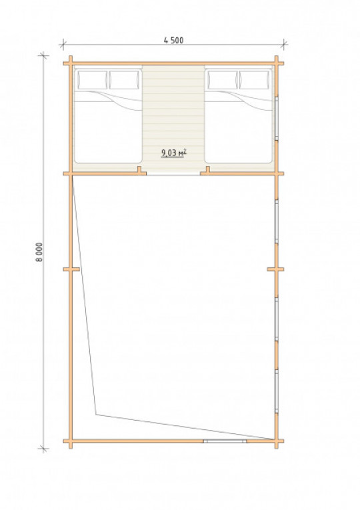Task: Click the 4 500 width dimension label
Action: pyautogui.click(x=173, y=40)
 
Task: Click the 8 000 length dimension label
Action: pyautogui.click(x=39, y=252)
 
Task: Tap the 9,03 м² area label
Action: pyautogui.click(x=174, y=153)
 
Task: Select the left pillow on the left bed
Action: pyautogui.click(x=93, y=80)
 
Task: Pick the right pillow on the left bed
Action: pyautogui.click(x=124, y=80)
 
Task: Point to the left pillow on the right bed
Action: pyautogui.click(x=223, y=80)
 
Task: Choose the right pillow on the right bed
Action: pyautogui.click(x=255, y=80)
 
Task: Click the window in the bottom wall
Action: pyautogui.click(x=225, y=441)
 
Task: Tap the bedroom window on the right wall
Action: pyautogui.click(x=277, y=119)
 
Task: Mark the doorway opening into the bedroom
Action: pyautogui.click(x=173, y=174)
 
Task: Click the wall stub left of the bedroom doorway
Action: pyautogui.click(x=139, y=170)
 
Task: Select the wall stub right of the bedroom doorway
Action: pyautogui.click(x=207, y=170)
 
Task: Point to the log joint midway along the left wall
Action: pyautogui.click(x=71, y=269)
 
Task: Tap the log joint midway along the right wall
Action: pyautogui.click(x=276, y=269)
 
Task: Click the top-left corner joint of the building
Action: pyautogui.click(x=71, y=63)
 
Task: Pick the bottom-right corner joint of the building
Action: pyautogui.click(x=277, y=441)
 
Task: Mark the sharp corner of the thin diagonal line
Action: pyautogui.click(x=96, y=415)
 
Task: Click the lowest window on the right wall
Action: pyautogui.click(x=277, y=391)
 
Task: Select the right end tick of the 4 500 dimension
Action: pyautogui.click(x=284, y=44)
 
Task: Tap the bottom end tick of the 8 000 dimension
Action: pyautogui.click(x=43, y=449)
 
